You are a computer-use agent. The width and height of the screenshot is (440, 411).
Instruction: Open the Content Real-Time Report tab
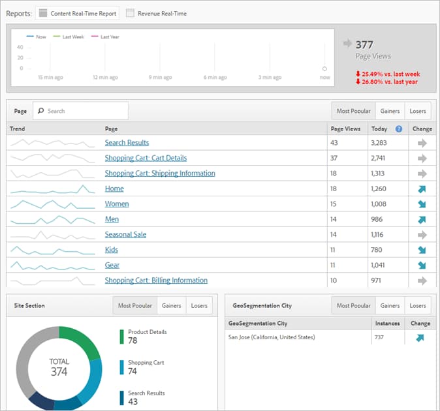(x=77, y=13)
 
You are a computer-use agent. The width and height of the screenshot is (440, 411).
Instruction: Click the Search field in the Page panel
(x=81, y=111)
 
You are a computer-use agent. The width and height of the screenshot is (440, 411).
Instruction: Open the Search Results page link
(x=127, y=142)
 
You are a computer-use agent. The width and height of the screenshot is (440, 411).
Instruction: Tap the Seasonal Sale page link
(x=125, y=234)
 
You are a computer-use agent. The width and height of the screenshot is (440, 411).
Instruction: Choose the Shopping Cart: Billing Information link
(x=156, y=281)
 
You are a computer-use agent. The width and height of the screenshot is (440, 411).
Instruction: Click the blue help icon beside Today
(x=398, y=129)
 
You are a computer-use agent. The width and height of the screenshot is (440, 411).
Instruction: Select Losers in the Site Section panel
(x=199, y=305)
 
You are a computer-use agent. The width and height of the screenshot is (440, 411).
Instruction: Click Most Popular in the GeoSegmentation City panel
(x=353, y=305)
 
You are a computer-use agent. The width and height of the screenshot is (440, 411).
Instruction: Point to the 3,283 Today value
(x=381, y=142)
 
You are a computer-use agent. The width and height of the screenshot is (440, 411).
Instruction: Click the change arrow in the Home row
(x=421, y=189)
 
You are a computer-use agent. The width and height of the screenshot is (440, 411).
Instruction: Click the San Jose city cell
(x=271, y=337)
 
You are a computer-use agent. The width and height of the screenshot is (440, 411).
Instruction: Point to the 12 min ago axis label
(x=104, y=77)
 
